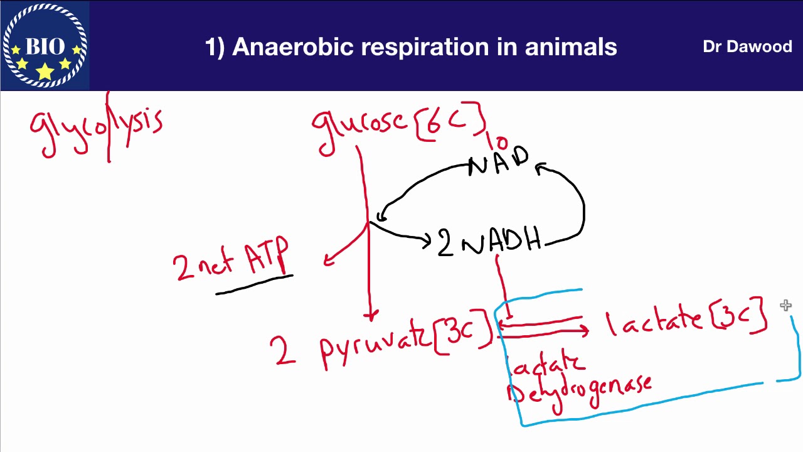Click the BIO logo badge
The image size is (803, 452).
point(45,45)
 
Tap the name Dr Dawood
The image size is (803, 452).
point(747,47)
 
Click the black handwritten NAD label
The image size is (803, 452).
point(499,162)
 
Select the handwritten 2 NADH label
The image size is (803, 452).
point(489,242)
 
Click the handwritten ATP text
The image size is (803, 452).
point(267,256)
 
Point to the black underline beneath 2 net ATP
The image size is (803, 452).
point(254,284)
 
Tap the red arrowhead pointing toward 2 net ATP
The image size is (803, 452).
point(327,261)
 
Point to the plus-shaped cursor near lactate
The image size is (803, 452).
point(786,306)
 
